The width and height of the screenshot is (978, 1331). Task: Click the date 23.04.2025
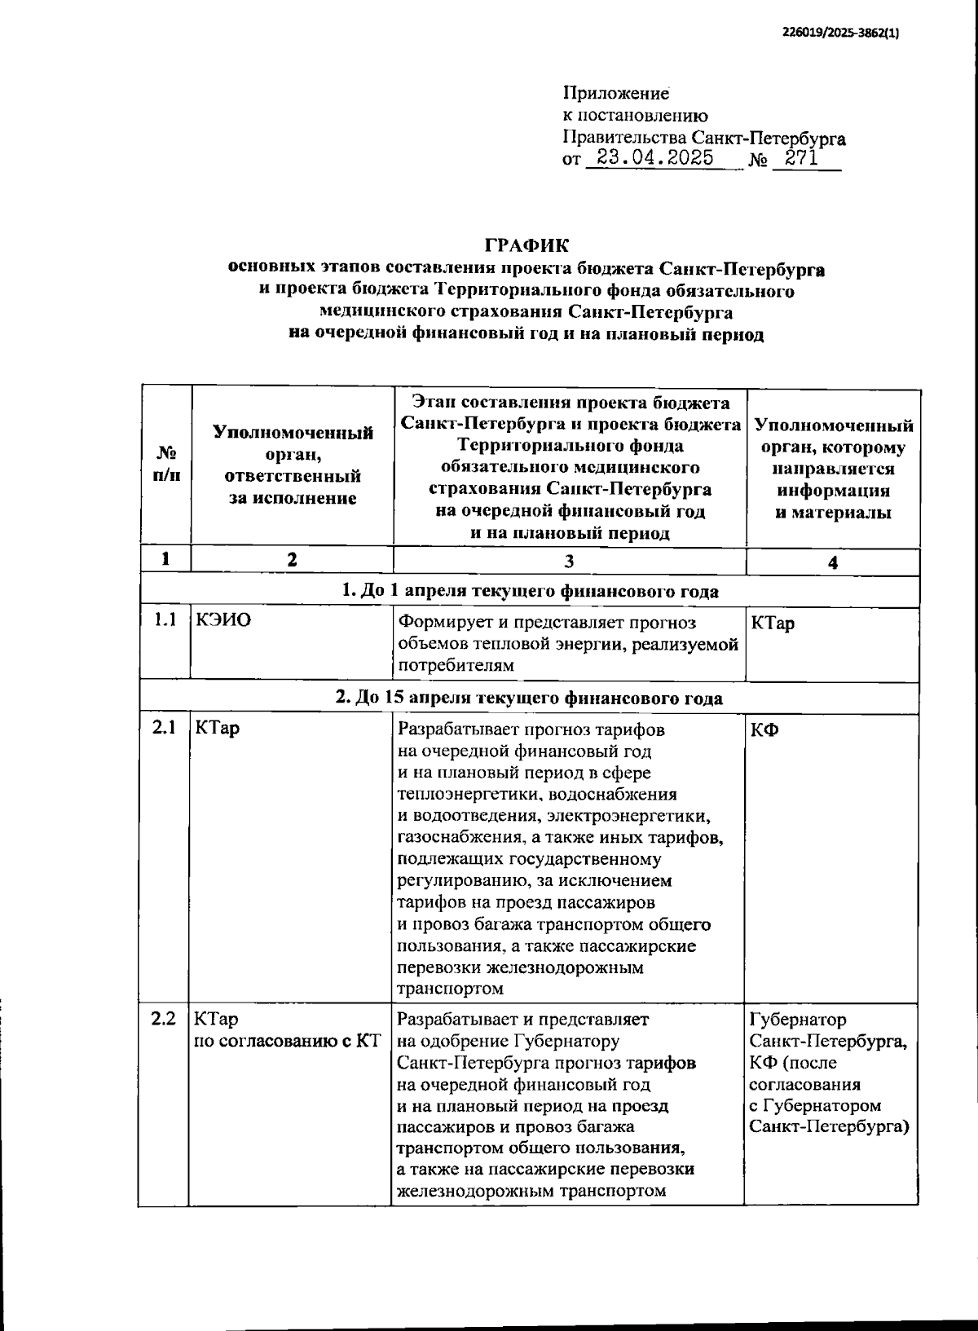pyautogui.click(x=654, y=158)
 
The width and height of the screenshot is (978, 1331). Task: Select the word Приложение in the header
pyautogui.click(x=615, y=95)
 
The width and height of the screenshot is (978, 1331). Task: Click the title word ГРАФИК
pyautogui.click(x=527, y=245)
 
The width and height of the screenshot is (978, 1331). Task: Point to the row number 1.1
pyautogui.click(x=165, y=620)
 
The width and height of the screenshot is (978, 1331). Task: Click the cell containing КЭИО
pyautogui.click(x=223, y=620)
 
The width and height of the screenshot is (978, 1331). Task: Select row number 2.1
pyautogui.click(x=165, y=728)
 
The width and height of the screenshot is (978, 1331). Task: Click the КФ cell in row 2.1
pyautogui.click(x=764, y=729)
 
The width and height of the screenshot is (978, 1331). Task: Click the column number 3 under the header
pyautogui.click(x=569, y=561)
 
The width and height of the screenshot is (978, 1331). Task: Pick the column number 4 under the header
pyautogui.click(x=833, y=562)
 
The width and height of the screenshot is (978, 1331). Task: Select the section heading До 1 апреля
pyautogui.click(x=529, y=591)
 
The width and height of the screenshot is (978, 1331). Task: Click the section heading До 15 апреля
pyautogui.click(x=529, y=699)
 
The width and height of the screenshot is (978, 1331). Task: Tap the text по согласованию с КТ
pyautogui.click(x=288, y=1041)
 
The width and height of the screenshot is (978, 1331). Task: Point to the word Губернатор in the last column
pyautogui.click(x=797, y=1020)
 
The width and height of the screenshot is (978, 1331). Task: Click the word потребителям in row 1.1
pyautogui.click(x=456, y=666)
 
